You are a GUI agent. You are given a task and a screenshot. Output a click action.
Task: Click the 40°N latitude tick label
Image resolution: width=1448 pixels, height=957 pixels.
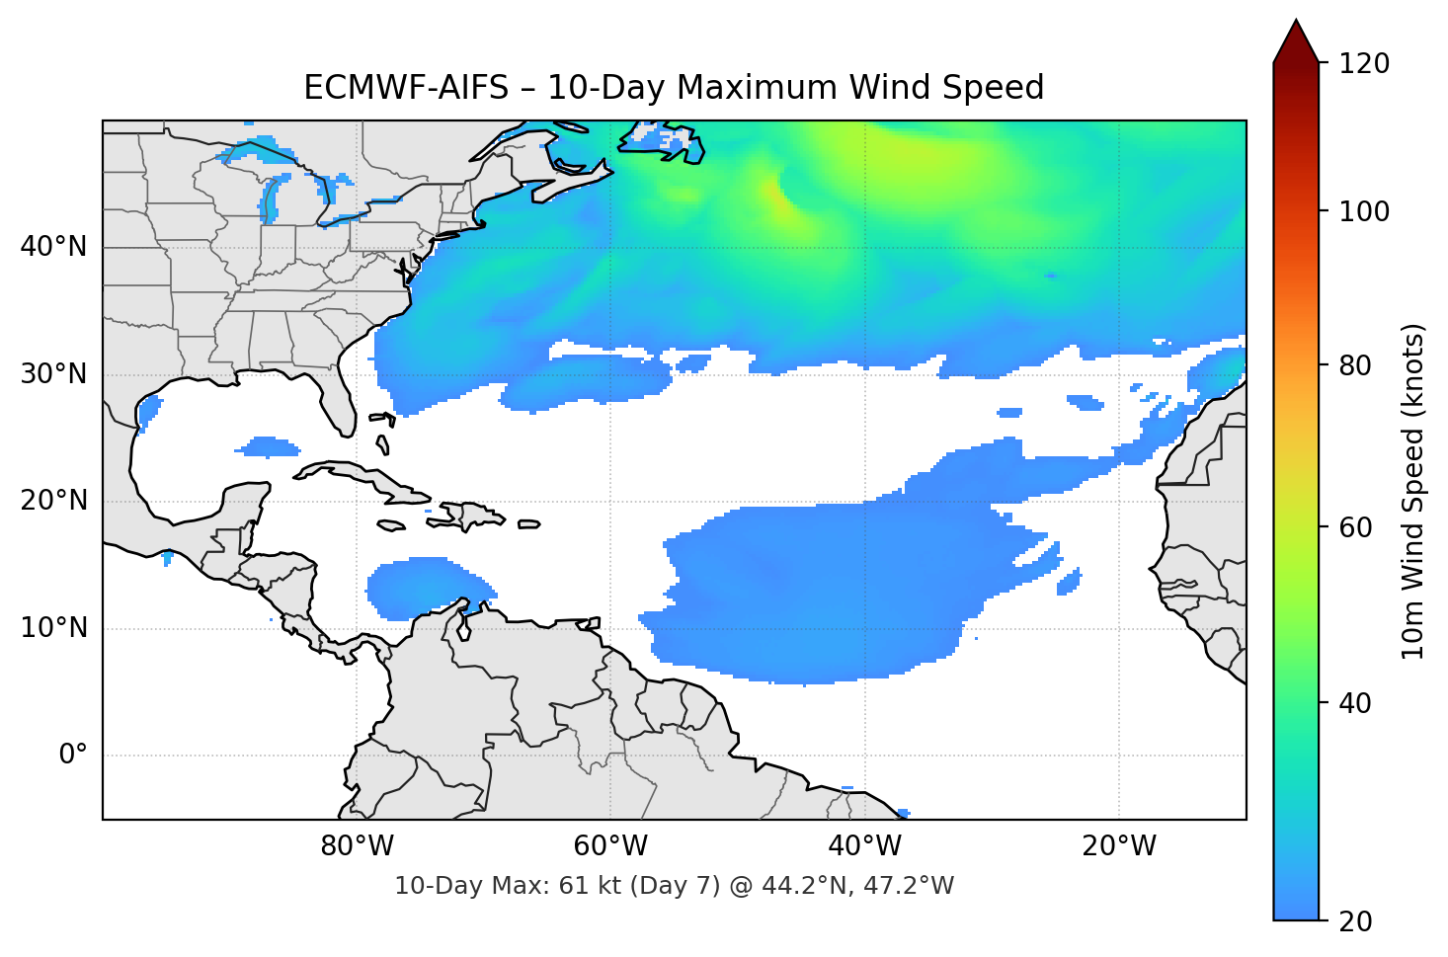click(x=53, y=247)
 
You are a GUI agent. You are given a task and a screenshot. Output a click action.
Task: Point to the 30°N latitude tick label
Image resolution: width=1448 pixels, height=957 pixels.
click(x=53, y=374)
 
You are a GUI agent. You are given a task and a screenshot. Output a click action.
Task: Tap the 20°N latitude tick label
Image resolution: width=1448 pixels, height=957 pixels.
click(x=53, y=501)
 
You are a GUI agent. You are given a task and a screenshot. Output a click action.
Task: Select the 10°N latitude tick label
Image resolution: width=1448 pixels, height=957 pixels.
click(x=53, y=628)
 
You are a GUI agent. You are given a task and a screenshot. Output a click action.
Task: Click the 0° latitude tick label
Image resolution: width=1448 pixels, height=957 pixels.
click(x=73, y=756)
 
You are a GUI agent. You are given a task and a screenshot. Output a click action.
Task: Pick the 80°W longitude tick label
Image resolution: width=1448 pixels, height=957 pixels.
click(x=358, y=846)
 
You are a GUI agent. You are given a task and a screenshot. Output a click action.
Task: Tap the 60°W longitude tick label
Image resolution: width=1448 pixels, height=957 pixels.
click(x=611, y=846)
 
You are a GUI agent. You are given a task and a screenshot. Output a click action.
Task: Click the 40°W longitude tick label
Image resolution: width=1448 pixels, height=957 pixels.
click(x=865, y=846)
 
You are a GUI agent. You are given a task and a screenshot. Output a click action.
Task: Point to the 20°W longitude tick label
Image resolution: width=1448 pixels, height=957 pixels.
click(x=1119, y=846)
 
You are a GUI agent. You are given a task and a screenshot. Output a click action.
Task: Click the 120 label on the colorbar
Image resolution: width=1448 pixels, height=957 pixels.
click(x=1364, y=64)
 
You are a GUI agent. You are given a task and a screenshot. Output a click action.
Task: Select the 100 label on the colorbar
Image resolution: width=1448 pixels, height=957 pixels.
click(x=1364, y=211)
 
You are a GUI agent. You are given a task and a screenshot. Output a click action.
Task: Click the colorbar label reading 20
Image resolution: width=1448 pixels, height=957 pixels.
click(x=1356, y=921)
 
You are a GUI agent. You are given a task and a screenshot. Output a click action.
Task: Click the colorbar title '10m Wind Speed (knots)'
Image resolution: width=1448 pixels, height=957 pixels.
click(x=1413, y=492)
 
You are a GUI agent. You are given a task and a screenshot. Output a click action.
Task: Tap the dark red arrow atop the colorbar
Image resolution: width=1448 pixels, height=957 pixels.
click(x=1296, y=42)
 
